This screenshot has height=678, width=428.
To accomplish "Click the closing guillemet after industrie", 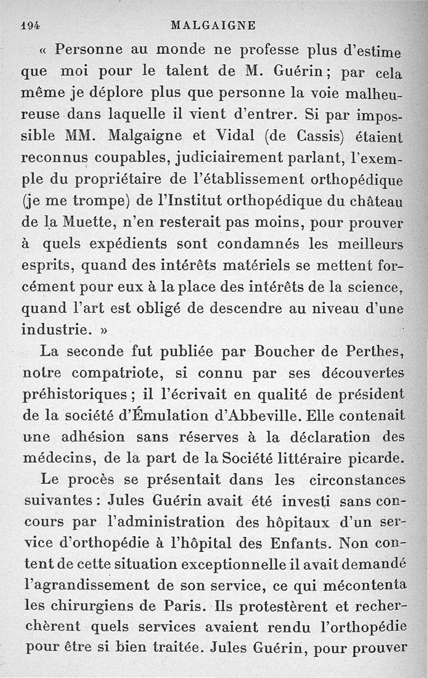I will pyautogui.click(x=101, y=330).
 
